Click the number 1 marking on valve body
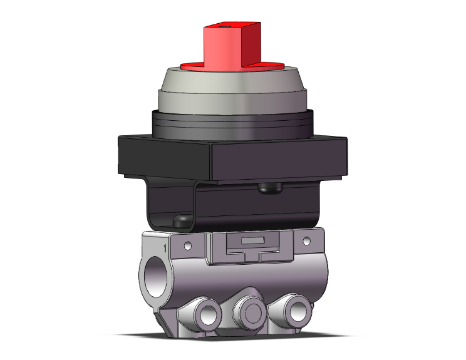[164, 249]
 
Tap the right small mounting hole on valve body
[306, 240]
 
